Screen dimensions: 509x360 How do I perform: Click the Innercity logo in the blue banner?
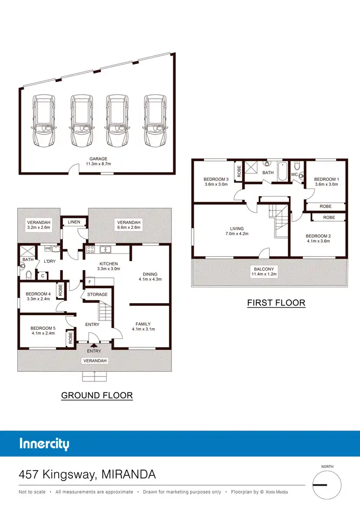pyautogui.click(x=44, y=443)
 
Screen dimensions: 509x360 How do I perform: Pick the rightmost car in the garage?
pyautogui.click(x=155, y=121)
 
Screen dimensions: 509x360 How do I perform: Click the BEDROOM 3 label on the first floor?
pyautogui.click(x=216, y=179)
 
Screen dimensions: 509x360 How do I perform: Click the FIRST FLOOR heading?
pyautogui.click(x=276, y=303)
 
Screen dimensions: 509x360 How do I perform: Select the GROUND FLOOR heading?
pyautogui.click(x=97, y=395)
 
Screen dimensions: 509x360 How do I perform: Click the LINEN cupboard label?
pyautogui.click(x=74, y=222)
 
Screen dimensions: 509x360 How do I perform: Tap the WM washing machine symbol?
pyautogui.click(x=48, y=249)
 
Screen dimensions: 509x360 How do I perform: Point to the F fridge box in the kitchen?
pyautogui.click(x=90, y=282)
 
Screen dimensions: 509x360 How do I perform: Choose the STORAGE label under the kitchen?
pyautogui.click(x=98, y=294)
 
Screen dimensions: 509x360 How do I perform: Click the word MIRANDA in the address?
pyautogui.click(x=129, y=474)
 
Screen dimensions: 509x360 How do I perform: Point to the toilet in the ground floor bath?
pyautogui.click(x=28, y=275)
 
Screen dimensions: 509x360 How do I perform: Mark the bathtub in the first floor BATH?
pyautogui.click(x=283, y=171)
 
